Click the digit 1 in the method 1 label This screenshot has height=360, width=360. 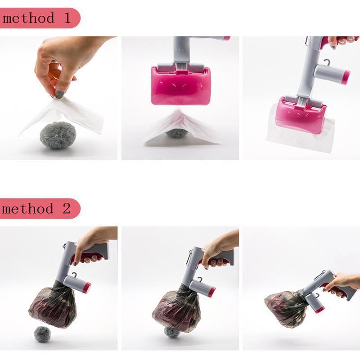point(67,18)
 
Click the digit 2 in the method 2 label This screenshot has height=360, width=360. point(66,208)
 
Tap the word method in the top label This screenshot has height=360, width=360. point(28,18)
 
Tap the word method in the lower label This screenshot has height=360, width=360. point(27,208)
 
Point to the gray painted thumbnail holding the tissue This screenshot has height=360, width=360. point(60,94)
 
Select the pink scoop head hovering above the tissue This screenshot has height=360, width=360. point(180,85)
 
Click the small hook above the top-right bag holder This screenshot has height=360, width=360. point(325,62)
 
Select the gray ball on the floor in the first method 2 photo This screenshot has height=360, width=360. point(42,334)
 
